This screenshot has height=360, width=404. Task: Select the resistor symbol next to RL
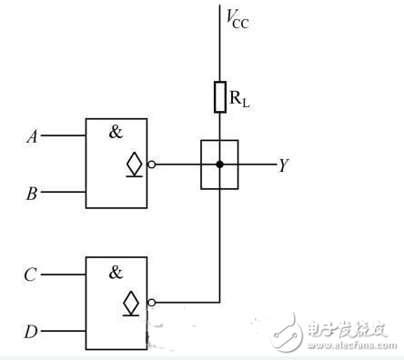(219, 96)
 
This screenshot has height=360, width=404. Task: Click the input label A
(33, 137)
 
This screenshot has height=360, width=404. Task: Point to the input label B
(33, 193)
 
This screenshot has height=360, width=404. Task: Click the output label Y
(284, 166)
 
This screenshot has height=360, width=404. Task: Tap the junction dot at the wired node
(219, 165)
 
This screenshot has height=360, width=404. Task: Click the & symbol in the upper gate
(116, 131)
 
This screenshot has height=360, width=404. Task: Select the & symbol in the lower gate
(116, 270)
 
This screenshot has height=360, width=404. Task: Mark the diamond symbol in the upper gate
(135, 165)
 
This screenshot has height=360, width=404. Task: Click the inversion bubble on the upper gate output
(153, 165)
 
